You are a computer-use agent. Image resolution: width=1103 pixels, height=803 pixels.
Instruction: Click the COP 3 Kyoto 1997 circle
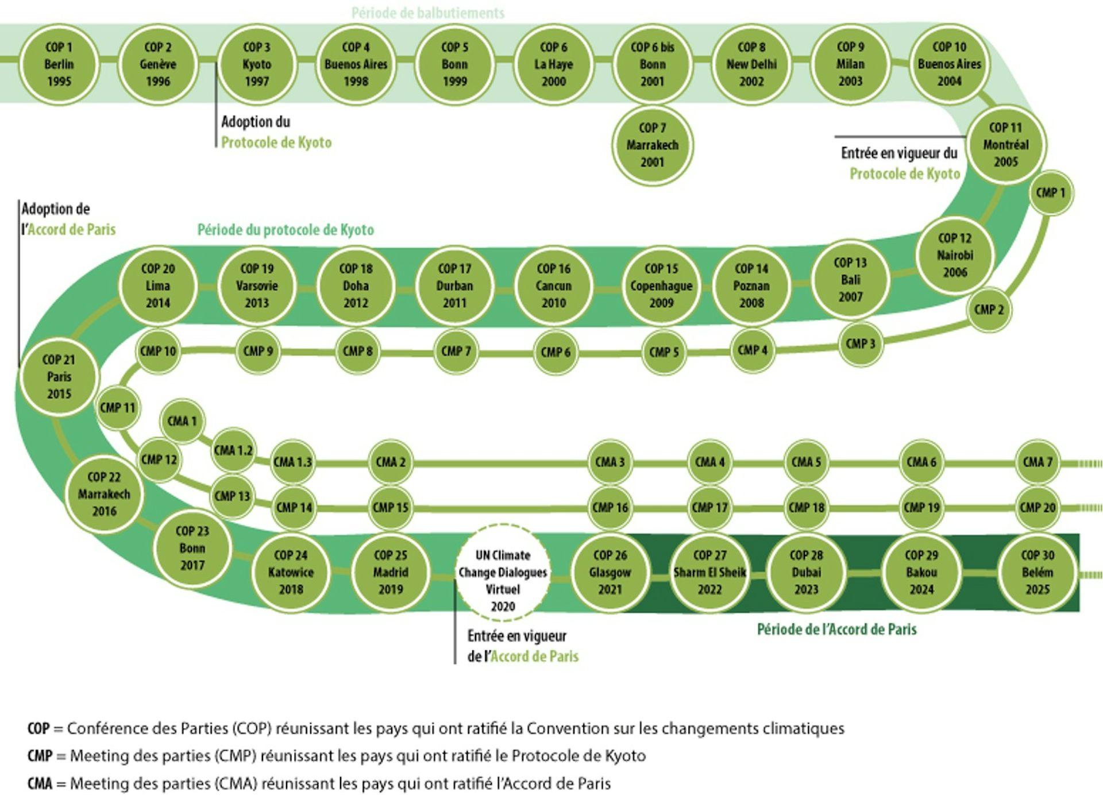[x=257, y=64]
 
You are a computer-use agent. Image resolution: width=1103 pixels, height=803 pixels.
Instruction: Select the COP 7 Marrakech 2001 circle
[x=652, y=145]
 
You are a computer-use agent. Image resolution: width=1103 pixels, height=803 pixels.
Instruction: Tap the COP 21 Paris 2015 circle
[x=59, y=377]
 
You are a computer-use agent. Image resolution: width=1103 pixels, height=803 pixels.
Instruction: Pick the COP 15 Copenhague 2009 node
[x=661, y=285]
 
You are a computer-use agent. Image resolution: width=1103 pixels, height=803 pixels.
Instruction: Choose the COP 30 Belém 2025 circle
[x=1038, y=572]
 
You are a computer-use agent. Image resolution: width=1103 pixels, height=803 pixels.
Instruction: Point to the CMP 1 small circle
[x=1050, y=193]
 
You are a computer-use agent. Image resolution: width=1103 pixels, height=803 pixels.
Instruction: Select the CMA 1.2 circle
[x=233, y=450]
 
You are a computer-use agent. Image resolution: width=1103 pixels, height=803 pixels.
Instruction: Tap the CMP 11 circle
[x=118, y=408]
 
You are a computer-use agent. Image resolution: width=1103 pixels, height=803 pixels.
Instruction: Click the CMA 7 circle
[x=1038, y=462]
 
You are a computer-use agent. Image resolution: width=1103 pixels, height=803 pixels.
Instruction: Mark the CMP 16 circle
[x=610, y=507]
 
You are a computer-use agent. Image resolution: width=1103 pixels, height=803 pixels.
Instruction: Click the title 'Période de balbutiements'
[x=428, y=13]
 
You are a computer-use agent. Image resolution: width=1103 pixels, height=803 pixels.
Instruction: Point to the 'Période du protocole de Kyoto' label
[x=286, y=230]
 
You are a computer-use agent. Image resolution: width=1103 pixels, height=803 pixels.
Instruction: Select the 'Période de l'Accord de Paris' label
[x=836, y=630]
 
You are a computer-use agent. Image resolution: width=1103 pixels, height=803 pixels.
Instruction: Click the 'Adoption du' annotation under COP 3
[x=256, y=122]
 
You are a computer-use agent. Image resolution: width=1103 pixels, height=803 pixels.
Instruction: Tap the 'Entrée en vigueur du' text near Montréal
[x=899, y=153]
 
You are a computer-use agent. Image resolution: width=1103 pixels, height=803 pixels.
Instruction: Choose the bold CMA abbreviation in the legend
[x=40, y=783]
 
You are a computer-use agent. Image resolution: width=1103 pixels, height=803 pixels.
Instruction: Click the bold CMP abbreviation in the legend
[x=40, y=756]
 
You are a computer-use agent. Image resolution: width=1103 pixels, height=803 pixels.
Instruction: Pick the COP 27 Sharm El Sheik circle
[x=709, y=572]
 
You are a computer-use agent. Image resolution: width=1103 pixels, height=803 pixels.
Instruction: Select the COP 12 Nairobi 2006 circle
[x=955, y=255]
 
